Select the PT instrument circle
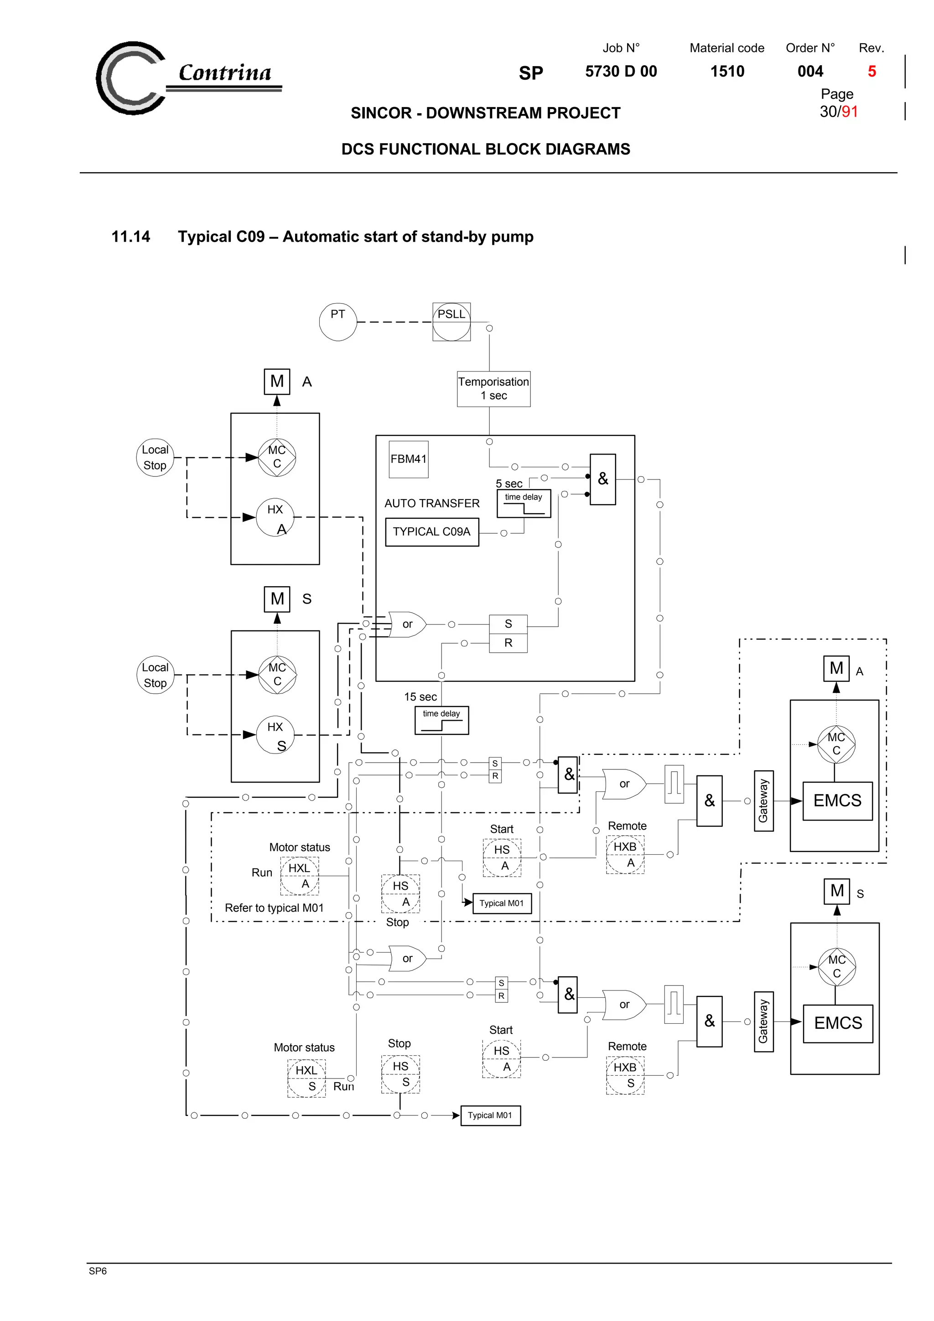click(338, 322)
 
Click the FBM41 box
click(408, 459)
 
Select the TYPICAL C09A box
click(431, 531)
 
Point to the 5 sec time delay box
click(523, 503)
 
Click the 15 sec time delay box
click(441, 720)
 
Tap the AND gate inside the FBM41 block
click(602, 479)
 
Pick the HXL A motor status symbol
click(299, 876)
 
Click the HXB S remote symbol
click(624, 1075)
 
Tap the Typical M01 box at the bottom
click(490, 1115)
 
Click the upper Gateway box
click(763, 800)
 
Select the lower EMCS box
click(837, 1023)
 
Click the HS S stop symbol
click(400, 1073)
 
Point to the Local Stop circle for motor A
click(155, 457)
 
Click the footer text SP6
click(98, 1271)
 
